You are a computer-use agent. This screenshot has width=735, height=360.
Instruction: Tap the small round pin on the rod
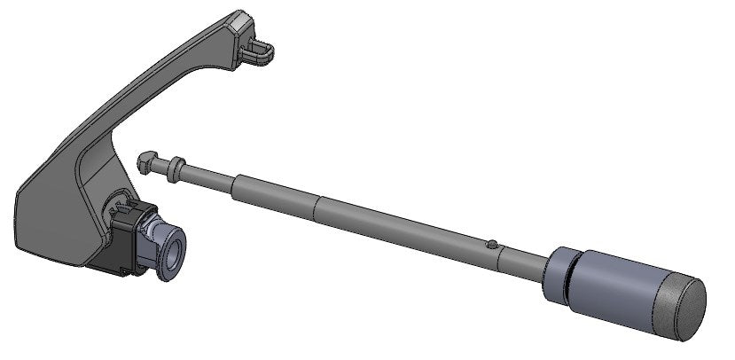(492, 243)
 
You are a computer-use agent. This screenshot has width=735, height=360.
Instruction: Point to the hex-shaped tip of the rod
(145, 160)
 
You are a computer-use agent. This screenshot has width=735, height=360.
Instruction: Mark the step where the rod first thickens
(235, 184)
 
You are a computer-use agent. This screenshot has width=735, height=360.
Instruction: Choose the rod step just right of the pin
(501, 248)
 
